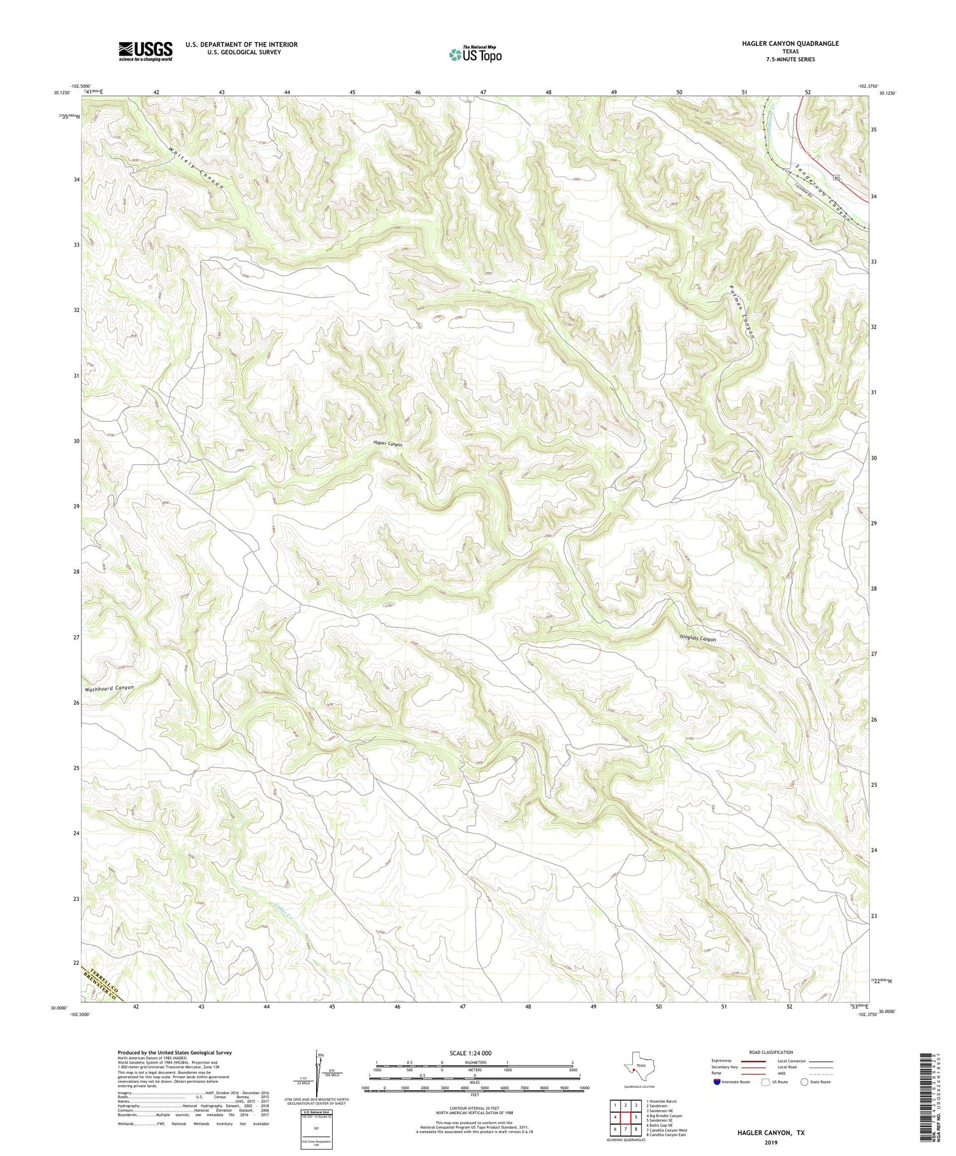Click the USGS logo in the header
[x=145, y=51]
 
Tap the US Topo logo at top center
[x=475, y=55]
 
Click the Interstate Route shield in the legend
[x=717, y=1082]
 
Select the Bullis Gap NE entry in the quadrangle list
[x=660, y=1125]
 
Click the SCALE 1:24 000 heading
[x=470, y=1053]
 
